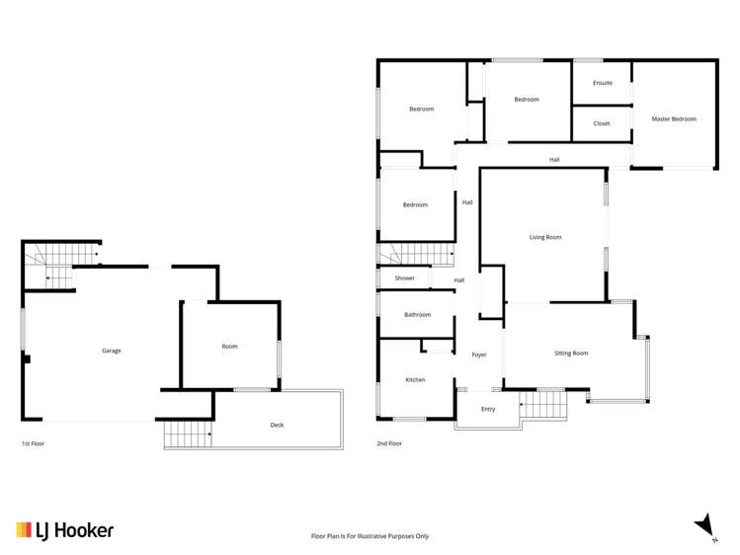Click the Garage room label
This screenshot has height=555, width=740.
[112, 351]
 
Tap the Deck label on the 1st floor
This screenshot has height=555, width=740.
[277, 426]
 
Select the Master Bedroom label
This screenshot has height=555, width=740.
[674, 119]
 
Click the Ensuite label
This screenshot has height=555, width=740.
[603, 83]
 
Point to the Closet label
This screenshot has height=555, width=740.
[602, 123]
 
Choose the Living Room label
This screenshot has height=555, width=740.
[545, 237]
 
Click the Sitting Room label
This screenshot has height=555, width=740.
[571, 353]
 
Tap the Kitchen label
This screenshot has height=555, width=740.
[415, 379]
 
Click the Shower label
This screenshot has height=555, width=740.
[405, 278]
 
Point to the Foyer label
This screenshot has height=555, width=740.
[479, 355]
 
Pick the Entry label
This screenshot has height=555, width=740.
[488, 409]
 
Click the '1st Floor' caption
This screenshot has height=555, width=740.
[33, 444]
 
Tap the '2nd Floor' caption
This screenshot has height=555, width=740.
[389, 444]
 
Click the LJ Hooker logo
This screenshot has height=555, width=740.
[64, 530]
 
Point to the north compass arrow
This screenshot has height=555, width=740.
[703, 524]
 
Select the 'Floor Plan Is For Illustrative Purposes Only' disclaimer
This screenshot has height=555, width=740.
[370, 536]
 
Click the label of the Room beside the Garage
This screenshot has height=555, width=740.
[229, 347]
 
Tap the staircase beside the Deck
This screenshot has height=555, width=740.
[188, 434]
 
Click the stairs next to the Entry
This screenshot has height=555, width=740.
[544, 404]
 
